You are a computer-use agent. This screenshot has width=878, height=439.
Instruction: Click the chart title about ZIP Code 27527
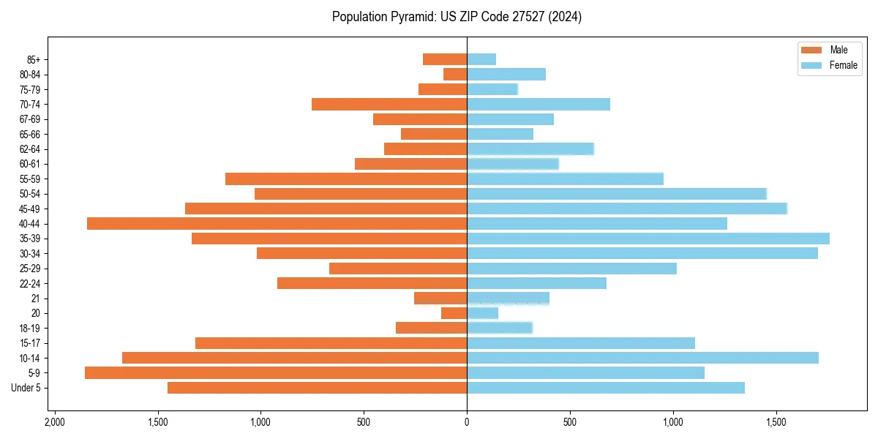pos(457,17)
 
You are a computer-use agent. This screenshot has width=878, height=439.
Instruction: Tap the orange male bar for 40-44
pos(277,223)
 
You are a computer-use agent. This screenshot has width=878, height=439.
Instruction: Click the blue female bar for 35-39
pos(648,239)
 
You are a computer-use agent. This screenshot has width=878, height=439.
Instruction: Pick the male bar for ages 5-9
pos(276,372)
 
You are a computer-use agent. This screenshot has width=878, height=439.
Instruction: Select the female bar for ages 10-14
pos(642,358)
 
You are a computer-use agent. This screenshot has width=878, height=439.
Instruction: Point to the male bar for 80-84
pos(455,74)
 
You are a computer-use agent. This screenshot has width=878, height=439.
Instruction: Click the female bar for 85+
pos(481,59)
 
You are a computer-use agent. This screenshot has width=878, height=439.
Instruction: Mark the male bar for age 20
pos(454,313)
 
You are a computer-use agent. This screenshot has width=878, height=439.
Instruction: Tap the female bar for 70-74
pos(539,104)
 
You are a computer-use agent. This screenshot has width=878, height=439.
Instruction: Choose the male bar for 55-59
pos(346,179)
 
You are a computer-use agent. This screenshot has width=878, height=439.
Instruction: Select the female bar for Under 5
pos(606,388)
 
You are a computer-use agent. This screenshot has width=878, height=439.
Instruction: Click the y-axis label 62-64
pos(29,149)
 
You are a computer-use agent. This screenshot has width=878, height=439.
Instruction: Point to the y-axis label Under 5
pos(26,388)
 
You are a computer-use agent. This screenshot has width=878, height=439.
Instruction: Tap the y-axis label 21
pos(36,299)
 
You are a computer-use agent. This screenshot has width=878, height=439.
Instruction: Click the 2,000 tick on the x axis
pos(54,422)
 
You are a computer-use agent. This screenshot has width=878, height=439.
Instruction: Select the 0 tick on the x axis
pos(467,422)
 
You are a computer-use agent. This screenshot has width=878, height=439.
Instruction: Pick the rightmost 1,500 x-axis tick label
pos(776,422)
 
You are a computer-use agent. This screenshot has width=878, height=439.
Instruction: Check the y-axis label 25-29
pos(29,269)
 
